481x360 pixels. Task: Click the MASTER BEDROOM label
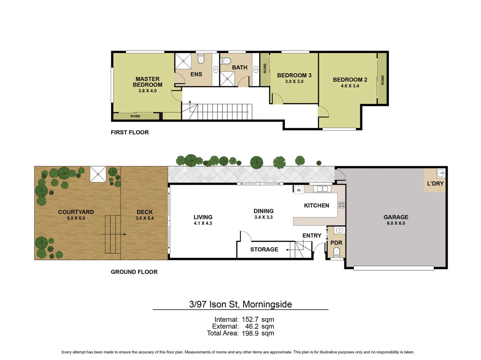pos(147,82)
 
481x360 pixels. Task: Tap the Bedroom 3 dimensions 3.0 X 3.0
pos(294,82)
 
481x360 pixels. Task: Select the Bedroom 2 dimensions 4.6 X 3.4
pos(350,86)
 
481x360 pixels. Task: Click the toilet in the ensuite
pos(201,60)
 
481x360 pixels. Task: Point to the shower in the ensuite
pos(183,61)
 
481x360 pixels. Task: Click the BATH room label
pos(239,67)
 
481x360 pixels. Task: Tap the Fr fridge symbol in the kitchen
pos(299,190)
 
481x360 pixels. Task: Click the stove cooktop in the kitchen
pos(341,205)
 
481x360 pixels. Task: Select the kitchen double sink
pos(322,189)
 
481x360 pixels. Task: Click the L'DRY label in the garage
pos(435,184)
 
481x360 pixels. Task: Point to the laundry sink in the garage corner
pos(441,173)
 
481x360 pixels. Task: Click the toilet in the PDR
pos(336,252)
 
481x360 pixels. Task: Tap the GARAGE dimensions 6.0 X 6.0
pos(396,223)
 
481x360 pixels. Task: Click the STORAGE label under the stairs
pos(264,249)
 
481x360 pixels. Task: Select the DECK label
pos(144,212)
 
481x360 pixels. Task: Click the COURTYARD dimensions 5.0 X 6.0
pos(76,218)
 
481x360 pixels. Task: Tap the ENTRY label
pos(312,236)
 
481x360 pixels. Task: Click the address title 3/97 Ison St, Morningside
pos(240,304)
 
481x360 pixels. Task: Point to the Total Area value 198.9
pos(250,333)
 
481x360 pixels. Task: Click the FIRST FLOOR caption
pos(130,132)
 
